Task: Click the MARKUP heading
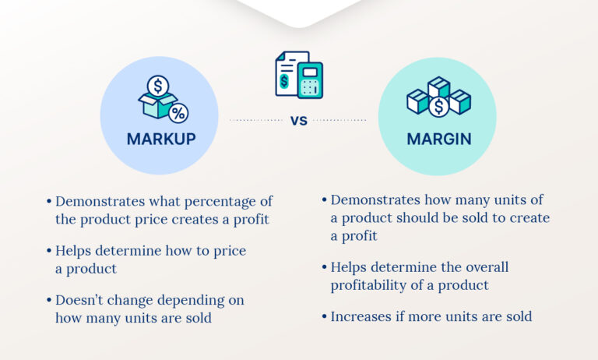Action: point(161,139)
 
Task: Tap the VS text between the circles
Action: point(299,121)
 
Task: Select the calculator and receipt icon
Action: point(299,75)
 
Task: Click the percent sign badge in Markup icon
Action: point(178,113)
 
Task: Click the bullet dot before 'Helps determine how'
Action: point(49,251)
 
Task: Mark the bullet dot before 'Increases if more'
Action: point(324,316)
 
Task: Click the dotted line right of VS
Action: point(339,121)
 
